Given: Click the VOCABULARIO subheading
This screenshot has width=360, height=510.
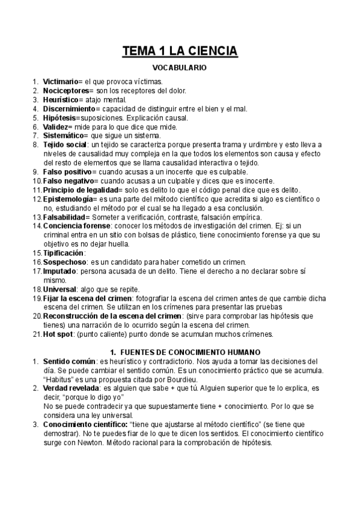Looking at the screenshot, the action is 180,69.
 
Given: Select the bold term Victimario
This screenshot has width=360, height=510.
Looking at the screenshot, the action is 62,81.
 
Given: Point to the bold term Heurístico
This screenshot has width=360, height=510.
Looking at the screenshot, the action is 62,99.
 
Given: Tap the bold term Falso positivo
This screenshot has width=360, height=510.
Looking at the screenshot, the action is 67,172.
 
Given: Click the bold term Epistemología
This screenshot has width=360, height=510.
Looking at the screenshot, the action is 69,199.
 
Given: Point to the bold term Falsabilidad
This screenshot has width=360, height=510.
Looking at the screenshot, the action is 66,217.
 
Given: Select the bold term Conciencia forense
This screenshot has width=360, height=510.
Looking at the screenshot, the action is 75,226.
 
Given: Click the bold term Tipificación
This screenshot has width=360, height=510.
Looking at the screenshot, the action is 63,253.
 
